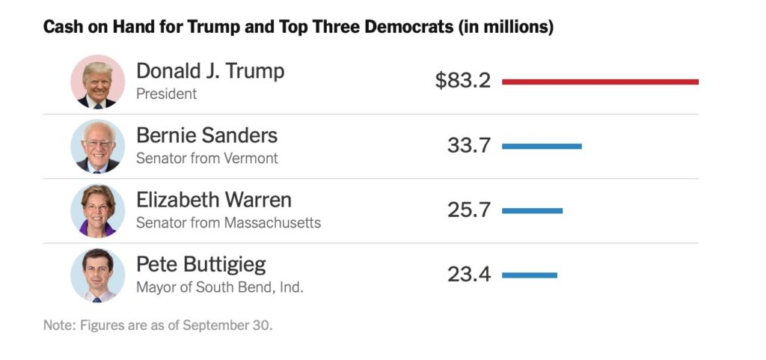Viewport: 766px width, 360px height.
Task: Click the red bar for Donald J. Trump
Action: click(x=600, y=81)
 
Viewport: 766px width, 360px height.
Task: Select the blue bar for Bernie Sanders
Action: click(x=542, y=146)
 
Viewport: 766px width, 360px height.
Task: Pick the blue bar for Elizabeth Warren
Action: click(x=532, y=210)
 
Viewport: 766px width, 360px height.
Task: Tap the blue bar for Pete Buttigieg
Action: click(x=530, y=275)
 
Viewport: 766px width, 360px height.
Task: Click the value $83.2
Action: click(x=463, y=80)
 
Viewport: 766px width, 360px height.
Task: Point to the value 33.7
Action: click(x=469, y=145)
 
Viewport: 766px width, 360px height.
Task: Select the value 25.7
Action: click(x=469, y=210)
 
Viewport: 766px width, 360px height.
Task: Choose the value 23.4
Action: click(x=469, y=275)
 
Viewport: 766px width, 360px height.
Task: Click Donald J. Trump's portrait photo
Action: click(x=98, y=82)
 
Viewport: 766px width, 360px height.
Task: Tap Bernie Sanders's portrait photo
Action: click(x=98, y=146)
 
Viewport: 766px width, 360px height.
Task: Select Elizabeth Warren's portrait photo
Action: click(x=98, y=210)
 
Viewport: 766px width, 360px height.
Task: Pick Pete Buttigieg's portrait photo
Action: click(x=98, y=275)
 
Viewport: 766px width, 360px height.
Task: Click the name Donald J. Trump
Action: click(x=210, y=71)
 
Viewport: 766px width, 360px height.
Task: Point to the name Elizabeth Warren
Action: click(x=214, y=201)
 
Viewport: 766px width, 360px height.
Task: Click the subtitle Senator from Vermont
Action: click(x=206, y=159)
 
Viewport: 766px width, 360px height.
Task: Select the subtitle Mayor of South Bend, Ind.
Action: click(x=220, y=287)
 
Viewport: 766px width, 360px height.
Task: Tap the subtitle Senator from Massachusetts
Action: click(x=228, y=223)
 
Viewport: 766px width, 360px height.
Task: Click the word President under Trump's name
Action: click(x=166, y=94)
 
